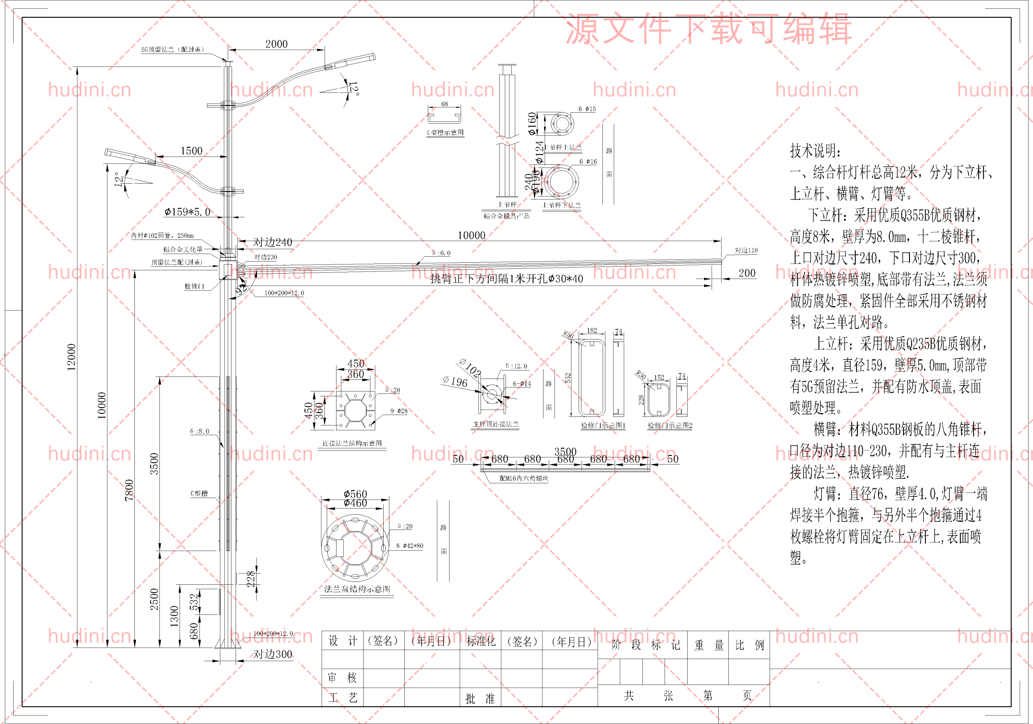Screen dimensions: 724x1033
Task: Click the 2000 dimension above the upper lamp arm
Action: pos(276,44)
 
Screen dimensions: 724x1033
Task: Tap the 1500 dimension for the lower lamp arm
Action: pos(192,151)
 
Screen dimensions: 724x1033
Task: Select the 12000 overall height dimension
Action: pos(71,357)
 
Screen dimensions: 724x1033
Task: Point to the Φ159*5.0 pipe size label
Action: pos(187,212)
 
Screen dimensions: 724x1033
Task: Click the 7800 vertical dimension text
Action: pos(129,490)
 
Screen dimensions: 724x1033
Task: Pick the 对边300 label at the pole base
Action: pos(273,654)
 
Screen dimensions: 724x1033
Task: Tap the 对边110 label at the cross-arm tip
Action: pos(746,250)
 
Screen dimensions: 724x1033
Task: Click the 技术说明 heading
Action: pos(815,151)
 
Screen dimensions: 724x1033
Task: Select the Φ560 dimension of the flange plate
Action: pos(355,494)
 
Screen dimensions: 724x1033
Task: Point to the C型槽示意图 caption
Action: pos(445,133)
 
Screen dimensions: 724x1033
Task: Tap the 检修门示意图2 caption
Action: pos(670,426)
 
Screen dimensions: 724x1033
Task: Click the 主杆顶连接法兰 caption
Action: pos(496,424)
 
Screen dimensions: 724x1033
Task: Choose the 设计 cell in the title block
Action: pos(343,641)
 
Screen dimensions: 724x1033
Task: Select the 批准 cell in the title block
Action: pos(480,698)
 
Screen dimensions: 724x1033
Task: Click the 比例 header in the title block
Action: pos(750,645)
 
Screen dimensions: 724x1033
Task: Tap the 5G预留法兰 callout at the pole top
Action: pos(173,50)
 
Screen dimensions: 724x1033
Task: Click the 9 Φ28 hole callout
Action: pos(399,411)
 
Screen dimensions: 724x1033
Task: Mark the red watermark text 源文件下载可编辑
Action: pos(708,29)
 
